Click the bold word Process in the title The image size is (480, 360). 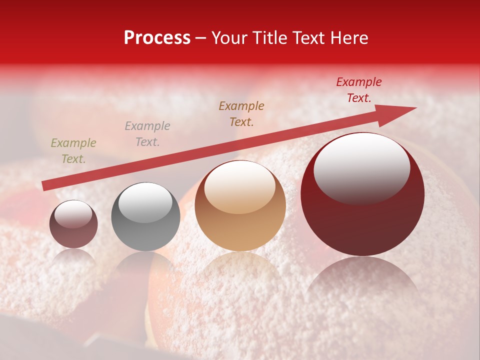(x=157, y=38)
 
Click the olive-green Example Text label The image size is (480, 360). (x=73, y=151)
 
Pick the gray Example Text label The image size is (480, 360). (x=147, y=134)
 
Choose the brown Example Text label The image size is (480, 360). (x=241, y=114)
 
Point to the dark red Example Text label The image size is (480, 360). (x=359, y=90)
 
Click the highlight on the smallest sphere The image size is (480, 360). (x=73, y=214)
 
